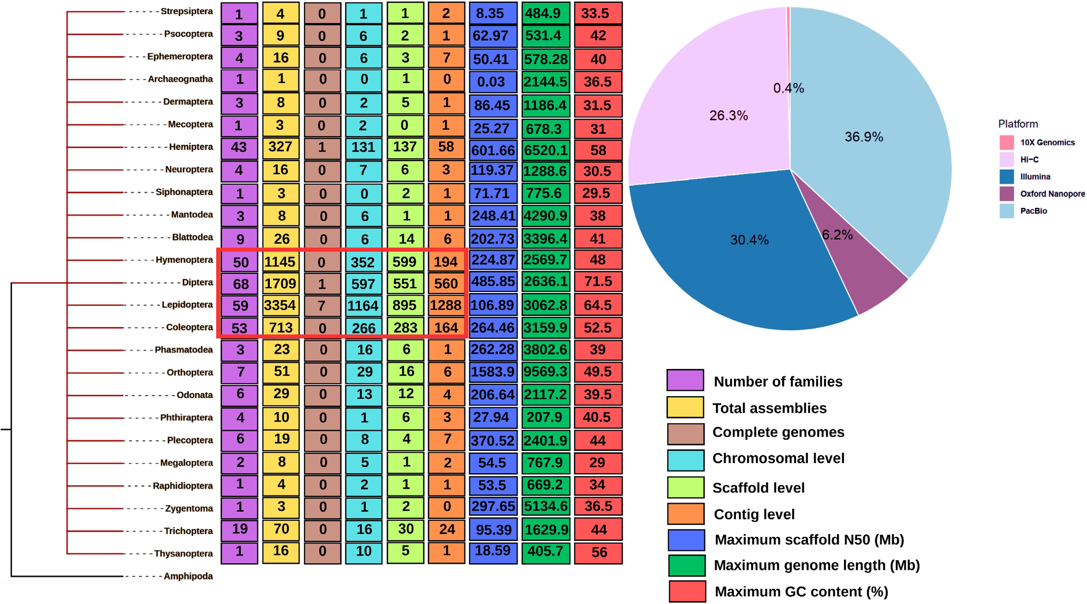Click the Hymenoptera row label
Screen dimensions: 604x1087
pyautogui.click(x=184, y=260)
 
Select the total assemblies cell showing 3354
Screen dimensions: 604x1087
pyautogui.click(x=280, y=305)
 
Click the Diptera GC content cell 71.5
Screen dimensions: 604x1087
pyautogui.click(x=598, y=282)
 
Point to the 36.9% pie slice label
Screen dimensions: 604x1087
pyautogui.click(x=863, y=137)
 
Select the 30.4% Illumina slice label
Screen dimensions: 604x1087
pyautogui.click(x=749, y=240)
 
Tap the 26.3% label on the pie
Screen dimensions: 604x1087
pyautogui.click(x=728, y=116)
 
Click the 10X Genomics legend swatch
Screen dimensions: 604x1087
pyautogui.click(x=1006, y=143)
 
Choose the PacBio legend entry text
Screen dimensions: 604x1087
pyautogui.click(x=1033, y=211)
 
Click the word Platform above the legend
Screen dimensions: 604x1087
pyautogui.click(x=1018, y=124)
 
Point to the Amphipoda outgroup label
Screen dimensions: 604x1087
pyautogui.click(x=188, y=576)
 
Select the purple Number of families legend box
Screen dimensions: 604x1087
pyautogui.click(x=685, y=380)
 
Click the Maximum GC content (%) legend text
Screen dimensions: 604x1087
pyautogui.click(x=801, y=592)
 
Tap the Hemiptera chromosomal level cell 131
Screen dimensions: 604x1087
pyautogui.click(x=363, y=147)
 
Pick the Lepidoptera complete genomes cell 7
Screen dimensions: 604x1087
pyautogui.click(x=322, y=305)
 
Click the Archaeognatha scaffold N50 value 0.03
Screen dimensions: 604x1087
pyautogui.click(x=492, y=82)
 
